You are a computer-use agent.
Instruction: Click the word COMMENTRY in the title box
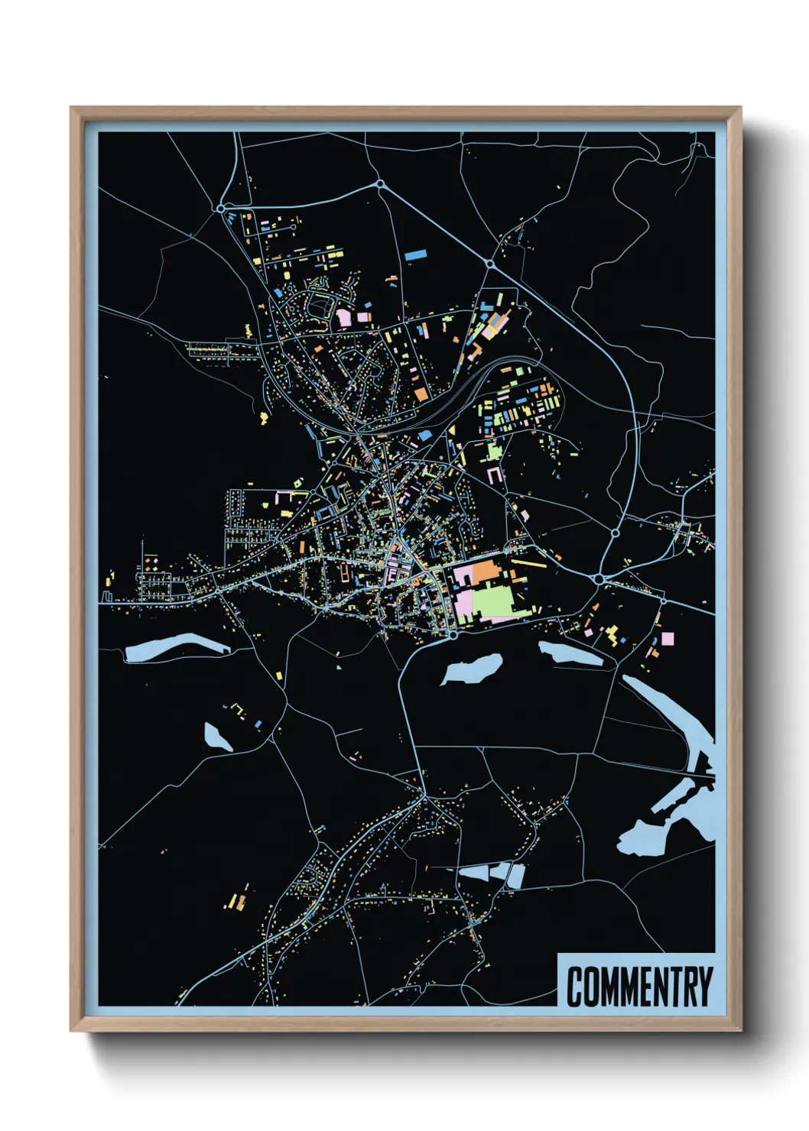(639, 987)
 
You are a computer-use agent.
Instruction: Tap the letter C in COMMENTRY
(575, 987)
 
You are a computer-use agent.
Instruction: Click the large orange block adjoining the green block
(484, 572)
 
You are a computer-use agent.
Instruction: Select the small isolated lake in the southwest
(217, 737)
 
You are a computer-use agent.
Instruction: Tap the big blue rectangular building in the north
(415, 254)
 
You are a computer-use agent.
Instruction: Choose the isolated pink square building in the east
(668, 638)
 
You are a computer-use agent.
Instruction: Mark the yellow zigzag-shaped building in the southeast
(612, 634)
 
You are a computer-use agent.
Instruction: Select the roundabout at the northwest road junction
(221, 208)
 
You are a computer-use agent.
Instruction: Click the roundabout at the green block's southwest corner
(453, 634)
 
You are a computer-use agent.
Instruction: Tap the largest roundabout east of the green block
(599, 580)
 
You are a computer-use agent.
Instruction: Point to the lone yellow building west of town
(265, 417)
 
